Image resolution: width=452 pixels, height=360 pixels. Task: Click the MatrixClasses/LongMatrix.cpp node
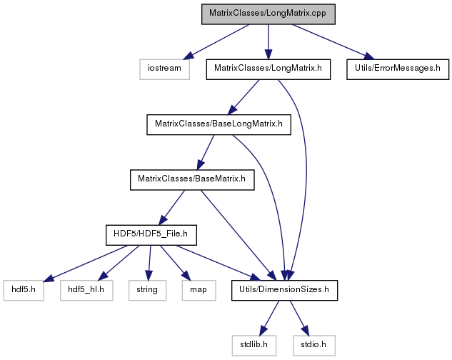point(268,14)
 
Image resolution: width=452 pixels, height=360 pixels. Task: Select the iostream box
point(165,69)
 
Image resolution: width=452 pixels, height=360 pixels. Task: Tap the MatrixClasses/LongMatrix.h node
point(268,69)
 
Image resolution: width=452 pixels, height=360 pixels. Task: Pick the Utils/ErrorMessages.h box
point(398,69)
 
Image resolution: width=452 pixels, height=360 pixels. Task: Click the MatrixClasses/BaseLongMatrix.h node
point(219,124)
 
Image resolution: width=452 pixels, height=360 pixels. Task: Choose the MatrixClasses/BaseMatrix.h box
point(192,180)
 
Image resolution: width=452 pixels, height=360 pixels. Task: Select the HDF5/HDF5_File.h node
point(151,235)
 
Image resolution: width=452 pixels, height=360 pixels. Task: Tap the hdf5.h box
point(24,291)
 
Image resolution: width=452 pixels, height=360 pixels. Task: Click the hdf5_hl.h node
point(86,291)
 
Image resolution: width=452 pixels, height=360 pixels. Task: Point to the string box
point(147,291)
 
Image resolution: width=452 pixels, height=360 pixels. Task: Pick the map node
point(199,291)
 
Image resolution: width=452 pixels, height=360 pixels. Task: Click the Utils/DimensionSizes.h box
point(284,291)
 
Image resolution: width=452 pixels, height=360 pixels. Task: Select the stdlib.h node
point(254,346)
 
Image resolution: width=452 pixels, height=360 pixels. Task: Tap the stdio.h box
point(314,346)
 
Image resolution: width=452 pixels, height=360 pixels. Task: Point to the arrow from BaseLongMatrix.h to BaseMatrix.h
point(206,152)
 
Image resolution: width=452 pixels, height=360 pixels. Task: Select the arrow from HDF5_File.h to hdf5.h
point(86,263)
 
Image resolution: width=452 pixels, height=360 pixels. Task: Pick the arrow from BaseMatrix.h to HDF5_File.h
point(172,208)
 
